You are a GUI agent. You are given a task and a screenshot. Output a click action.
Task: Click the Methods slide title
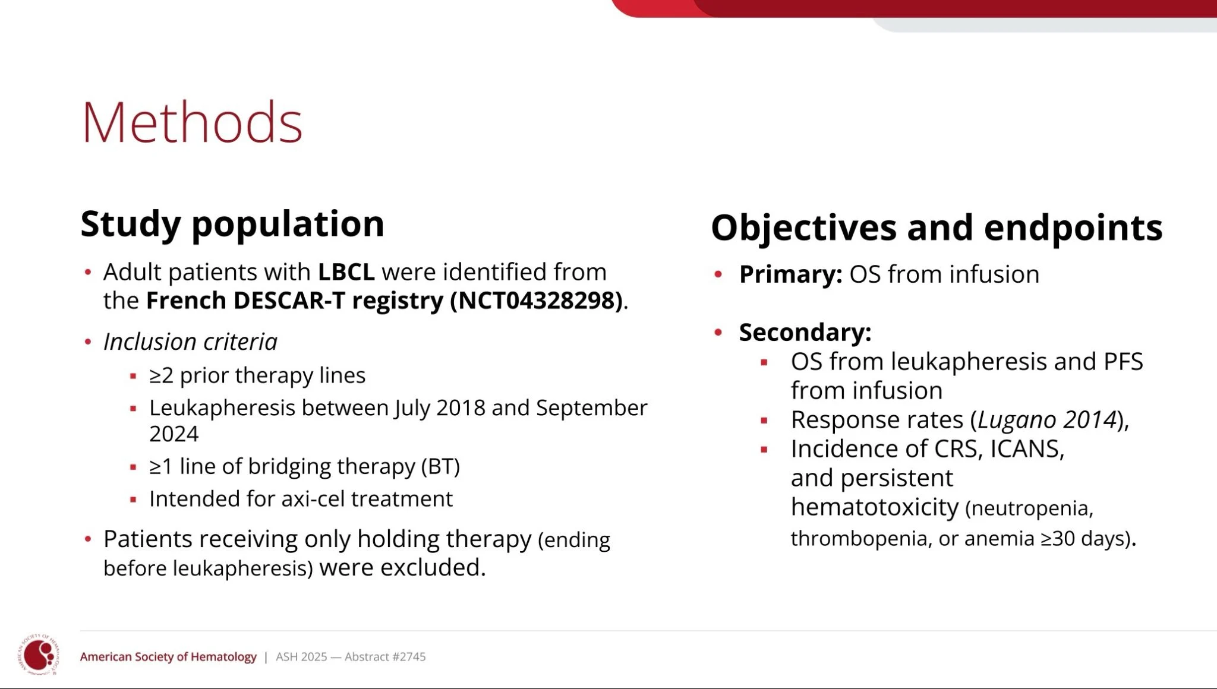192,123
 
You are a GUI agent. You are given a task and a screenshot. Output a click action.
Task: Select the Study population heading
232,225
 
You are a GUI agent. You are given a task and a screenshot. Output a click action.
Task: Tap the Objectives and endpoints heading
937,227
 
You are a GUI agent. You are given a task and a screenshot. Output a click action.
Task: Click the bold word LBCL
346,272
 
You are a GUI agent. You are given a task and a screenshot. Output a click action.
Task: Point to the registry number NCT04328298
537,301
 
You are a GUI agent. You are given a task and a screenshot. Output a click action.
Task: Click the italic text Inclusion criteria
190,342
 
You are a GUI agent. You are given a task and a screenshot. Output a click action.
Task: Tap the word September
591,408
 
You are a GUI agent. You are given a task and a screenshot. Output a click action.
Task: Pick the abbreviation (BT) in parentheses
440,466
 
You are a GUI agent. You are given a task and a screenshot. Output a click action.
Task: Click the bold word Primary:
790,274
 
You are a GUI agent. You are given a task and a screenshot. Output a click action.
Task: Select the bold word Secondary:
805,332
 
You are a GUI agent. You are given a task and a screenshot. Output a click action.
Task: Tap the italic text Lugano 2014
1047,420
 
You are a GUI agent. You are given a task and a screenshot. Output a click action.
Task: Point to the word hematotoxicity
875,507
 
